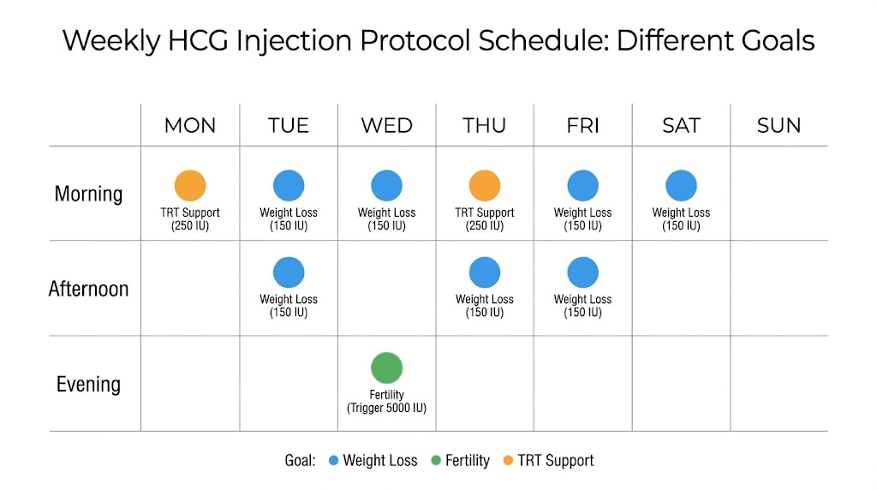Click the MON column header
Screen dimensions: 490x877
(x=190, y=126)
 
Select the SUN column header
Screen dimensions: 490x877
(x=779, y=126)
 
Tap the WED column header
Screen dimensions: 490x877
(x=386, y=126)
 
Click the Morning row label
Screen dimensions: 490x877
(x=88, y=194)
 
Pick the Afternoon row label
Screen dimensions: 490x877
(x=88, y=289)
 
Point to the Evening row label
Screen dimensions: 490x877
(x=88, y=384)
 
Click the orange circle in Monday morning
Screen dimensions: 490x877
(x=190, y=186)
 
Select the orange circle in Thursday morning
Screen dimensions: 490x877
(x=485, y=186)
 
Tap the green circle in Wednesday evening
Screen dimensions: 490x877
(x=386, y=368)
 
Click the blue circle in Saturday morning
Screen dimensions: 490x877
(x=681, y=186)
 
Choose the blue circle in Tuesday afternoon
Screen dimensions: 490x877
(x=289, y=272)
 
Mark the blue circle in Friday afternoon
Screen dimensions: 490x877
(x=582, y=272)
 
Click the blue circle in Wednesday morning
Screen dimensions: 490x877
(x=386, y=186)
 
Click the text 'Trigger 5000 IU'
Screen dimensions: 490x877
(x=386, y=409)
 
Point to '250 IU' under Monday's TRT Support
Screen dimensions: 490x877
(x=190, y=226)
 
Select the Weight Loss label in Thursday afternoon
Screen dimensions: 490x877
(x=485, y=299)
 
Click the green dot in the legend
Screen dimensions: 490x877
(x=435, y=461)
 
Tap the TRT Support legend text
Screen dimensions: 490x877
(x=556, y=461)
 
